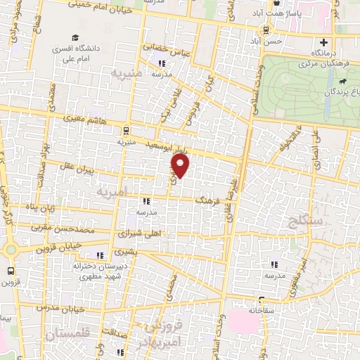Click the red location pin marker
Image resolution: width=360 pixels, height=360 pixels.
(181, 166)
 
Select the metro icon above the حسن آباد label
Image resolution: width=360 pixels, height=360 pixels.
(266, 30)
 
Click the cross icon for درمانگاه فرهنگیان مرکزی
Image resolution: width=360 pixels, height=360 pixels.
(324, 41)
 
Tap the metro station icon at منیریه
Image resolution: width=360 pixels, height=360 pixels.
(126, 130)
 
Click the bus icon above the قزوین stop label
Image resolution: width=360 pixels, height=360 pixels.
(11, 270)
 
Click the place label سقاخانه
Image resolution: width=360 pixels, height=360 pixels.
(262, 309)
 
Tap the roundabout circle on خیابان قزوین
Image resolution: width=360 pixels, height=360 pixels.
(11, 249)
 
